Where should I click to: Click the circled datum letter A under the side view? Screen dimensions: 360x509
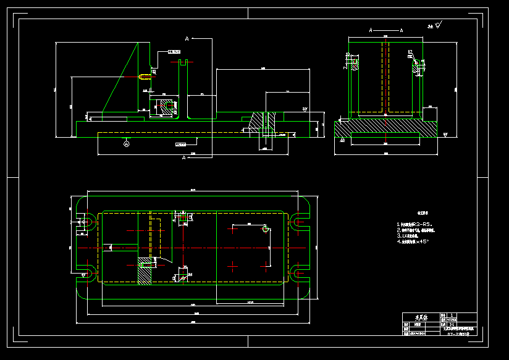(127, 143)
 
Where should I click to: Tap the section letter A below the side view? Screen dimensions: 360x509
(184, 158)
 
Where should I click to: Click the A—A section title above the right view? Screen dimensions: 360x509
(385, 30)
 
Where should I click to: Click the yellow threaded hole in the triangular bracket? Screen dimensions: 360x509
(144, 77)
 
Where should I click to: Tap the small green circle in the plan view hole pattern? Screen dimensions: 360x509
(266, 229)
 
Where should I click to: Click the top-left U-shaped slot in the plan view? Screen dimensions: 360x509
(88, 221)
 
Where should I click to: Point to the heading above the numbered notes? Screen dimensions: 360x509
(407, 211)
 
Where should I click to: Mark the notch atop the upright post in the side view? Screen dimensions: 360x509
(183, 62)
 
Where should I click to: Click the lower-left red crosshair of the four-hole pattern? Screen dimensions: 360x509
(233, 266)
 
